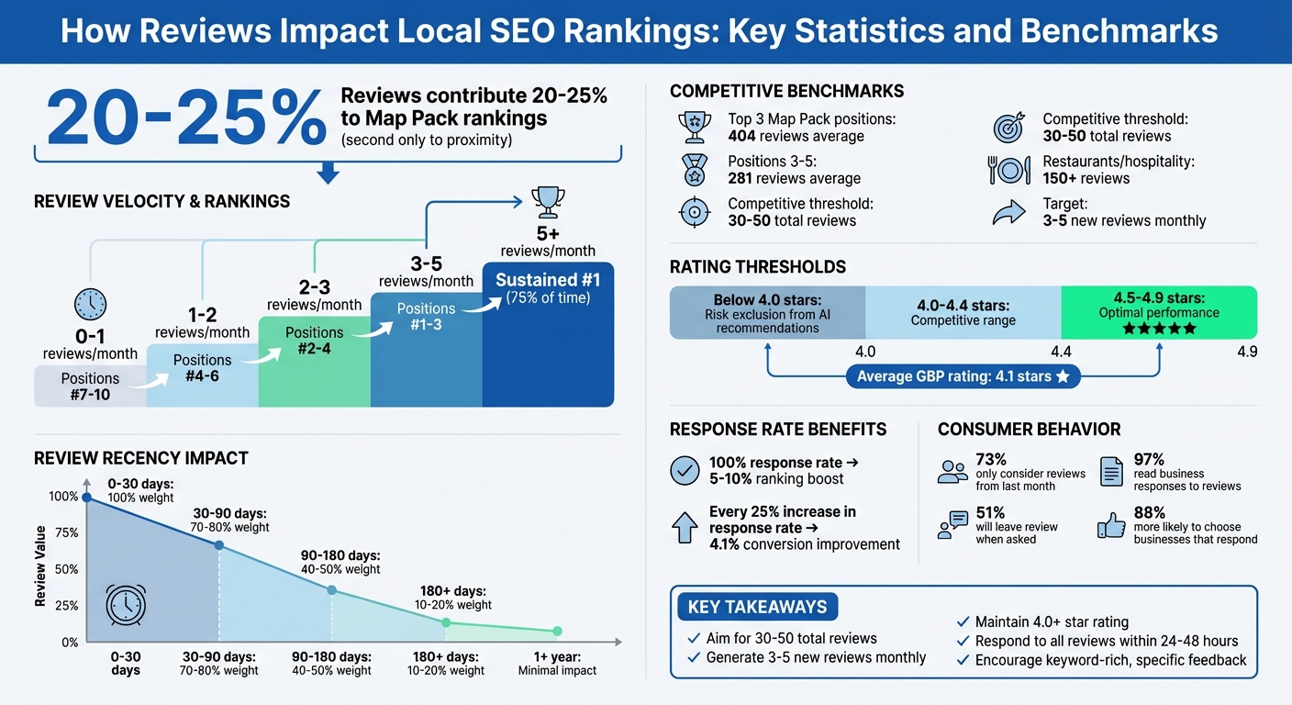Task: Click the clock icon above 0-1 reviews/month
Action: pyautogui.click(x=90, y=304)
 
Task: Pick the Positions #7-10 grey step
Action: pyautogui.click(x=90, y=386)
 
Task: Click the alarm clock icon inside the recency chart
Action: pyautogui.click(x=124, y=604)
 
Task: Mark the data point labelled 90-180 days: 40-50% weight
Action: pyautogui.click(x=331, y=590)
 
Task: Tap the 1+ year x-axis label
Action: pyautogui.click(x=557, y=664)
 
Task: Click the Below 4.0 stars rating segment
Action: pyautogui.click(x=767, y=313)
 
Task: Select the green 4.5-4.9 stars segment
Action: pyautogui.click(x=1158, y=313)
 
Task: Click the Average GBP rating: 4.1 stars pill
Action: pyautogui.click(x=963, y=376)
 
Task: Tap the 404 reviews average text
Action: pyautogui.click(x=796, y=137)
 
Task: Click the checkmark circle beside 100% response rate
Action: pyautogui.click(x=685, y=471)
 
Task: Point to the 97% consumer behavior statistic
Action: pyautogui.click(x=1149, y=459)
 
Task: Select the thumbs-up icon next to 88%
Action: pyautogui.click(x=1111, y=526)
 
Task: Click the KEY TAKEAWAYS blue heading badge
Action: pyautogui.click(x=757, y=607)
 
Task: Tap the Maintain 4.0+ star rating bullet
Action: pyautogui.click(x=1051, y=622)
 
